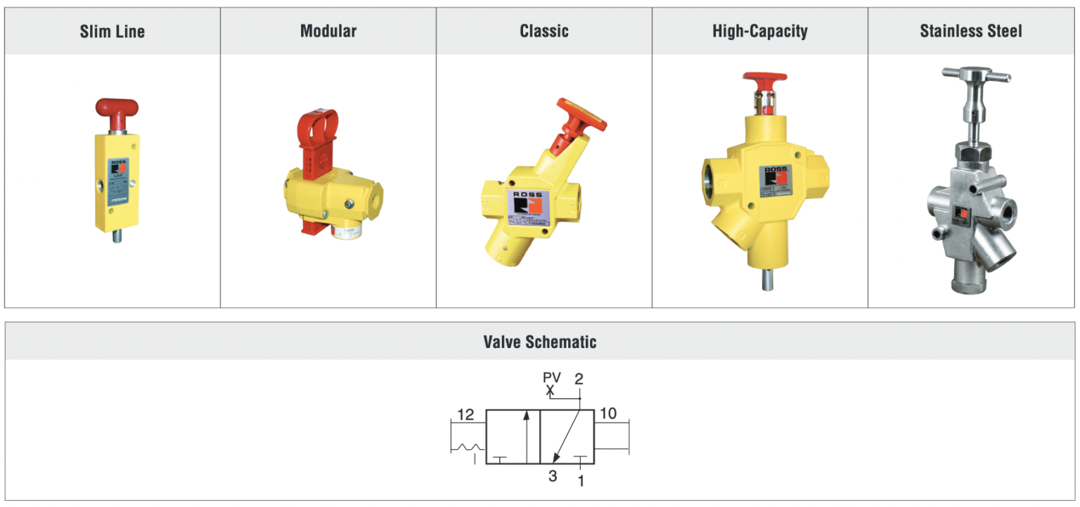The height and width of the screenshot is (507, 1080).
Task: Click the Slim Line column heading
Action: click(x=112, y=32)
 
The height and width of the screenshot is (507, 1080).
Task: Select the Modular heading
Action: click(x=328, y=32)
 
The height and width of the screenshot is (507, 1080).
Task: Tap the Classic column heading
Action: click(x=544, y=32)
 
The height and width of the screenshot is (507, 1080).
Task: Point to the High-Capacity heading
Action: click(x=760, y=32)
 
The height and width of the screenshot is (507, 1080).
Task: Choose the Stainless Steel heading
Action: click(x=971, y=32)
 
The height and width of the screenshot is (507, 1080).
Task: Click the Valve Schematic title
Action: click(x=540, y=342)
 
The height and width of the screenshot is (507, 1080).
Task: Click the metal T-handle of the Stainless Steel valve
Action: click(x=976, y=75)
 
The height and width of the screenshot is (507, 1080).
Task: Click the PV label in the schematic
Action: click(x=552, y=378)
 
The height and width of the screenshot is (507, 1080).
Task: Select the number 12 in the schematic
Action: click(x=465, y=414)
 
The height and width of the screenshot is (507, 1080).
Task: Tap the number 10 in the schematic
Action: click(x=608, y=413)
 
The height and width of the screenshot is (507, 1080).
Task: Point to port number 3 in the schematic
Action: click(x=553, y=476)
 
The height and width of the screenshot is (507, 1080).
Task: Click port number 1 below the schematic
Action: click(x=581, y=481)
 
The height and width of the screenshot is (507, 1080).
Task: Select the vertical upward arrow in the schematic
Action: click(x=525, y=436)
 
